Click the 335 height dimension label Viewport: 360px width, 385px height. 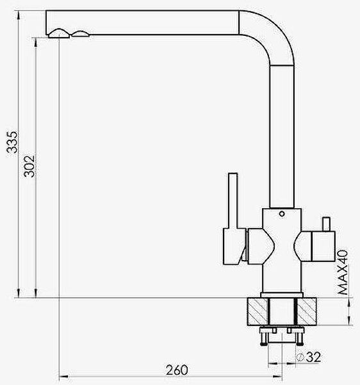click(x=12, y=142)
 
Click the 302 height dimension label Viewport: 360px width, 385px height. click(x=29, y=166)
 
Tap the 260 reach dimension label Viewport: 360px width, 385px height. click(x=177, y=370)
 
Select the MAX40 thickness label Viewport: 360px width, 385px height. click(x=343, y=272)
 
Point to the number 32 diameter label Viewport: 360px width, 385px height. click(x=314, y=357)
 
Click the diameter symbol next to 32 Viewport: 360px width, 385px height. click(x=300, y=357)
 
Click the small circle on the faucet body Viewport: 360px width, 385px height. click(x=282, y=214)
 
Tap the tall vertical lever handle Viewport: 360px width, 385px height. click(x=233, y=201)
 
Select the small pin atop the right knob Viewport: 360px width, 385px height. click(x=326, y=224)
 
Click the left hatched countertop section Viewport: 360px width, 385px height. click(x=258, y=311)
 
